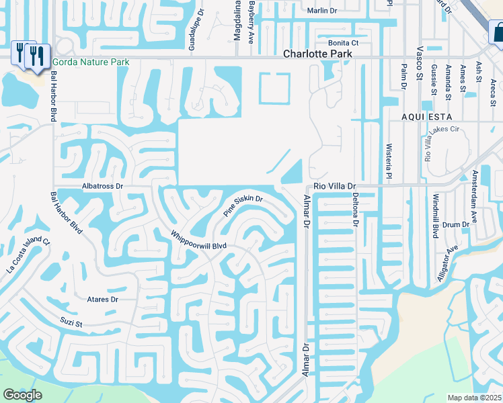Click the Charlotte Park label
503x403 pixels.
[317, 54]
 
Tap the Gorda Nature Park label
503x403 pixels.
[91, 62]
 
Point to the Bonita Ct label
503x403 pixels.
[344, 42]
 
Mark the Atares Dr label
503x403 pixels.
[102, 300]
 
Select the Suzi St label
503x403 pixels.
[69, 323]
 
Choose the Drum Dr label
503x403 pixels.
[457, 224]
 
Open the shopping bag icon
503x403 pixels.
[498, 32]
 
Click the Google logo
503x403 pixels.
[23, 395]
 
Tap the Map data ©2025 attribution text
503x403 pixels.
[474, 398]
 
